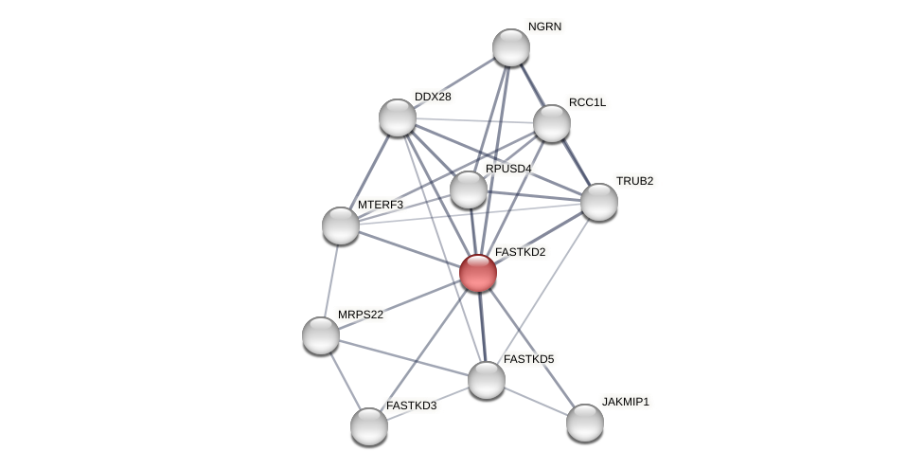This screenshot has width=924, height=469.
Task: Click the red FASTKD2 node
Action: click(x=478, y=273)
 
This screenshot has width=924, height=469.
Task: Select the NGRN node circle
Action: click(x=511, y=47)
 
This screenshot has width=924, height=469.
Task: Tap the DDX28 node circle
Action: click(x=398, y=117)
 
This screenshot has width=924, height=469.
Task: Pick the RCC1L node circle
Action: click(x=552, y=123)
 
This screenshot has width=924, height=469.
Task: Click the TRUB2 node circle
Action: click(x=599, y=202)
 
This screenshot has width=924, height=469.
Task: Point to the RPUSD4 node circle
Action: click(x=469, y=189)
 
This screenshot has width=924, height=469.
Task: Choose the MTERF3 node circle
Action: click(x=341, y=225)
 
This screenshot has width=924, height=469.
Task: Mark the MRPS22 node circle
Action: click(x=321, y=335)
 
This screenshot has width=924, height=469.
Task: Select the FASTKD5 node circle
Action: click(x=487, y=380)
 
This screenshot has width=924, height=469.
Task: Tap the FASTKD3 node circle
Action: click(x=369, y=426)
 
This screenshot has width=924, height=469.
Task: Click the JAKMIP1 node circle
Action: click(x=585, y=423)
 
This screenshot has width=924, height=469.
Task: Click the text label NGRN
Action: click(x=544, y=27)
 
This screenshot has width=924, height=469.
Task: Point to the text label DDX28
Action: click(x=433, y=97)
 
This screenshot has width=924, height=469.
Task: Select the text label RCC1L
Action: click(x=587, y=102)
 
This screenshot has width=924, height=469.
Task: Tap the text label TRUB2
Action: click(x=634, y=181)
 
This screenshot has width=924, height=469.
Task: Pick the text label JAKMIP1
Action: click(x=626, y=402)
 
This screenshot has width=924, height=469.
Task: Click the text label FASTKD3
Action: click(x=411, y=406)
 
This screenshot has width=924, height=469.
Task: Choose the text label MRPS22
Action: click(x=361, y=315)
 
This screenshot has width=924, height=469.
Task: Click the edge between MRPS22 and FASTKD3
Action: click(x=345, y=380)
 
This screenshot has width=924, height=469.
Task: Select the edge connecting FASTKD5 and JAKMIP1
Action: click(x=536, y=401)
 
